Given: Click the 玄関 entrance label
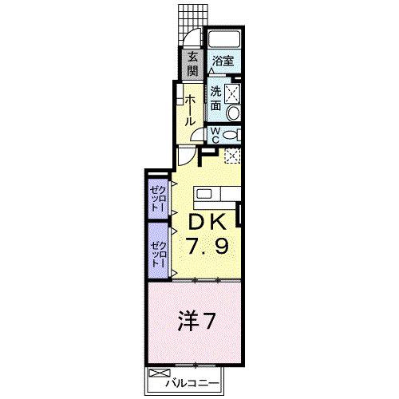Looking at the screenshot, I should [193, 63].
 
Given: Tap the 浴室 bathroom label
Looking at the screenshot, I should [223, 60].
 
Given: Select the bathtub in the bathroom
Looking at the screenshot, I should [224, 41].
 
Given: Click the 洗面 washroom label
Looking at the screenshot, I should [216, 97].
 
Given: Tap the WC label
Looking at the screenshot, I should [215, 135].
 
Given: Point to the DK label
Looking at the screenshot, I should [209, 222].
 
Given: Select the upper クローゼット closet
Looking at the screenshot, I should [157, 195].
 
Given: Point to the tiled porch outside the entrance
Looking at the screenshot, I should [188, 16].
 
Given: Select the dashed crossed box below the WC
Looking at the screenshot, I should [232, 156].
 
